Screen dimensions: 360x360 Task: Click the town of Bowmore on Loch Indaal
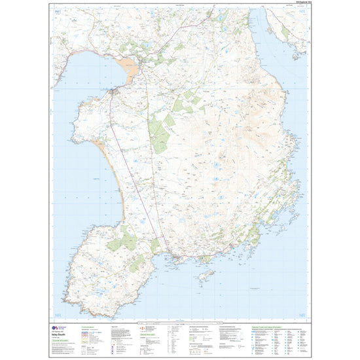116,92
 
